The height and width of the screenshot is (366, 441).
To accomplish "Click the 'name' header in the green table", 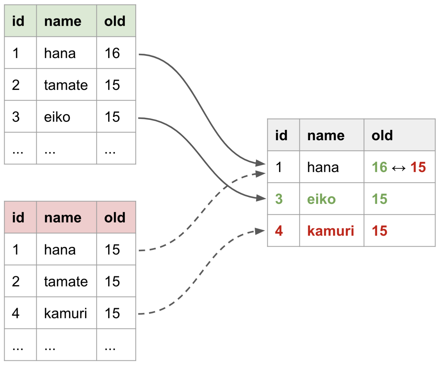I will coord(63,21).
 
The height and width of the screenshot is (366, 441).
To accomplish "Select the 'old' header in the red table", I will coord(115,218).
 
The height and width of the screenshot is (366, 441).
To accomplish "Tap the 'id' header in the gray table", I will coord(281,135).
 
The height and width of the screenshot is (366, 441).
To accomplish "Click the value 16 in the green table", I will coord(112,53).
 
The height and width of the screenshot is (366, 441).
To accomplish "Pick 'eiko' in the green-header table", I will coord(57,117).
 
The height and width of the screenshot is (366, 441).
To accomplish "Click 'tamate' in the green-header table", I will coord(66,85).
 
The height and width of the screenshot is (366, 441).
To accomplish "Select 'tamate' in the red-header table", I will coord(66,281).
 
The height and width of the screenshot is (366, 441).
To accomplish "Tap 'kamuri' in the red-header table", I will coord(66,313).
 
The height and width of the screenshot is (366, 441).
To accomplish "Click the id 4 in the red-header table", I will coord(16,313).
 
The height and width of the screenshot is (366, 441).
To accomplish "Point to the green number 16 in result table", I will coord(380,167).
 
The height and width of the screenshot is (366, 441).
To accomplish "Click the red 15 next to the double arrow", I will coord(418,167).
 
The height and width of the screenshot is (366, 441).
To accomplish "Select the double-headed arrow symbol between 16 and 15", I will coord(399,168).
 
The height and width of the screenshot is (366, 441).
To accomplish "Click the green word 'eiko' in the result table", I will coord(321,199).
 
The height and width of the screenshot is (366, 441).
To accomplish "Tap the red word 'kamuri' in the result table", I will coord(331,231).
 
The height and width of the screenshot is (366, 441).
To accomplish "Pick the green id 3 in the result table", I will coord(279,199).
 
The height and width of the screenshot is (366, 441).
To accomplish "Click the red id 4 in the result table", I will coord(279,231).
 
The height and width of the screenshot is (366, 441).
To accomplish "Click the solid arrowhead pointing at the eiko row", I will coord(261,198).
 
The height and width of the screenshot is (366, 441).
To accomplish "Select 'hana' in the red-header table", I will coord(60,250).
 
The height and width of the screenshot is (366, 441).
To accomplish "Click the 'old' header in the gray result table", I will coord(382,135).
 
